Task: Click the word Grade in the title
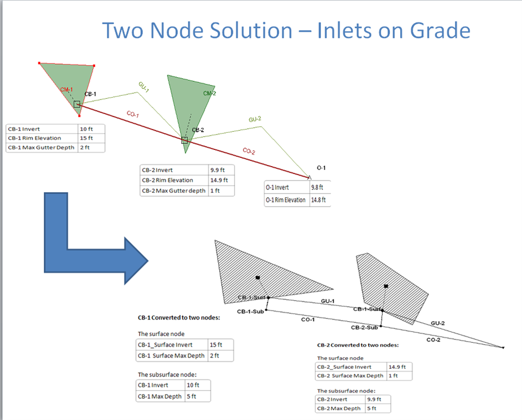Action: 440,31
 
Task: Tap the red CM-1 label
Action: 67,89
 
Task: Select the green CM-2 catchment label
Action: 210,93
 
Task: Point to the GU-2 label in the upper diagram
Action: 255,119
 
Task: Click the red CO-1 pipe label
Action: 132,114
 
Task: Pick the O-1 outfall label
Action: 321,168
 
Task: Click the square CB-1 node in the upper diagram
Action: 77,104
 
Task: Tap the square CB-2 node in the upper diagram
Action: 185,140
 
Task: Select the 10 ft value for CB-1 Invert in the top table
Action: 86,129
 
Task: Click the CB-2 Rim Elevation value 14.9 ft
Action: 219,180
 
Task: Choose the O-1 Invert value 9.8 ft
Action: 317,187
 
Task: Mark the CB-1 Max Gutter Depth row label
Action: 41,147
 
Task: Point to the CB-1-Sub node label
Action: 250,312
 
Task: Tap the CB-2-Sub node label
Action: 364,327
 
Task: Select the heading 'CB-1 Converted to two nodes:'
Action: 179,317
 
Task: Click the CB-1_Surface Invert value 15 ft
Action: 216,345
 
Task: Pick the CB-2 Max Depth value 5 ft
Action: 371,408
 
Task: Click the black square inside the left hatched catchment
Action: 258,277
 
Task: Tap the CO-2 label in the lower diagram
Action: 434,340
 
